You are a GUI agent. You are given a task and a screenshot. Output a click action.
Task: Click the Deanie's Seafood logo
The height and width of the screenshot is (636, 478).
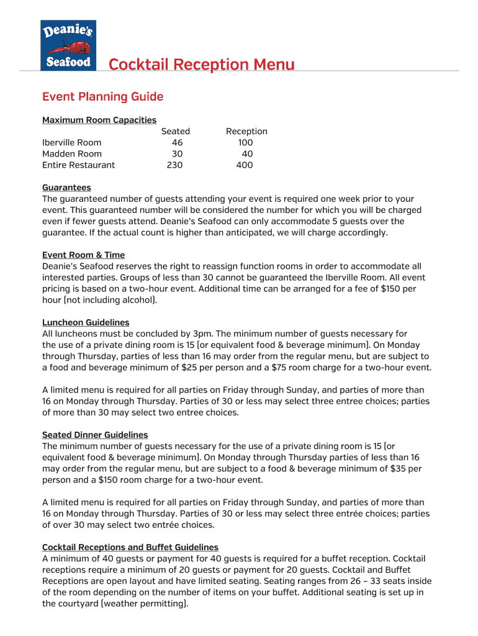[68, 45]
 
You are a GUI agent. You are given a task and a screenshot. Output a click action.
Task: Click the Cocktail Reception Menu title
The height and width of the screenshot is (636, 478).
[202, 65]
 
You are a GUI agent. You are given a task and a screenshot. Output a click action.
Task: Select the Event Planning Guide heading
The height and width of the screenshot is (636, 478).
[102, 97]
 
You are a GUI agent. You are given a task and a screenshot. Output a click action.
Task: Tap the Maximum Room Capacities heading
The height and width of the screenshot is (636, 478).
[99, 120]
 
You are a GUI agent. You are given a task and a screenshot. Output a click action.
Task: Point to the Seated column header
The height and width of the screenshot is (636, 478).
[176, 131]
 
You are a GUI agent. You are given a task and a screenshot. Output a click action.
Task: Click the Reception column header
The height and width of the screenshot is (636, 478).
[246, 131]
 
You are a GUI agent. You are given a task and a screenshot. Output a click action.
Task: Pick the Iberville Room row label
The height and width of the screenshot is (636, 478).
[71, 142]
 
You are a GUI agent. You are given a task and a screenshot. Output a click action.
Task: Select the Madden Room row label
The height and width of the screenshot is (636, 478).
[72, 153]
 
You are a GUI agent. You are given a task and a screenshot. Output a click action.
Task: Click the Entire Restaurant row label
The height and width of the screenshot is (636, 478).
[78, 165]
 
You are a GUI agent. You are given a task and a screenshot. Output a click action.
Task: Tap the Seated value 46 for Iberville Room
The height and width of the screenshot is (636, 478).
[177, 142]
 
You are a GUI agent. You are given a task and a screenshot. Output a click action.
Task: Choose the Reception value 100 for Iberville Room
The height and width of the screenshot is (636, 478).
[245, 142]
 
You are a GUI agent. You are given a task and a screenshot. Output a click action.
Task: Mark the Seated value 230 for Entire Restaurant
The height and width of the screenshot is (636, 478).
[174, 165]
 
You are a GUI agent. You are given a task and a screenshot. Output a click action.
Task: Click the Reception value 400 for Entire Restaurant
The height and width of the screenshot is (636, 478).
[245, 165]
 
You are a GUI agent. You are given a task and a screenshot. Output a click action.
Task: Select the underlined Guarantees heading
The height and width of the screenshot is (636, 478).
[66, 188]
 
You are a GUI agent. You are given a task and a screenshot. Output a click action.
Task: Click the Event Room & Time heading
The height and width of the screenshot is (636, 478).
[83, 255]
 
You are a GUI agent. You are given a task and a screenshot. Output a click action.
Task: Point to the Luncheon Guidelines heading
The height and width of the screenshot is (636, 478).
[86, 322]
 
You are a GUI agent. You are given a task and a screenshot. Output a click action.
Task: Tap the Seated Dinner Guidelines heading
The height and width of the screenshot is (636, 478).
[95, 435]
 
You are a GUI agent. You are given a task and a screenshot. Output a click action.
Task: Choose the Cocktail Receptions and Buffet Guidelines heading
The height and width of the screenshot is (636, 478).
[130, 547]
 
